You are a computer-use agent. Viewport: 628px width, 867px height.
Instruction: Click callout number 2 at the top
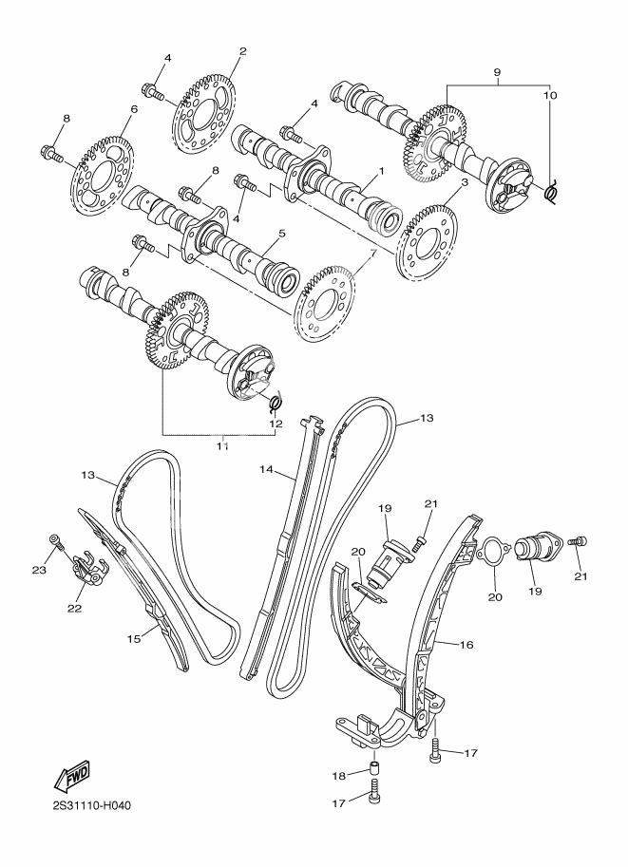pyautogui.click(x=242, y=51)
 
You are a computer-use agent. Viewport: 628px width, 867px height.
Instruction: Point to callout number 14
pyautogui.click(x=267, y=469)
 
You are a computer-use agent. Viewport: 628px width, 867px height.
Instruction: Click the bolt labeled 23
pyautogui.click(x=59, y=543)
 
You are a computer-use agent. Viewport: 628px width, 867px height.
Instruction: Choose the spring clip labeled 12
pyautogui.click(x=275, y=403)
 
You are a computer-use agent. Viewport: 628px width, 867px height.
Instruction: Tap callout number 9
pyautogui.click(x=496, y=71)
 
